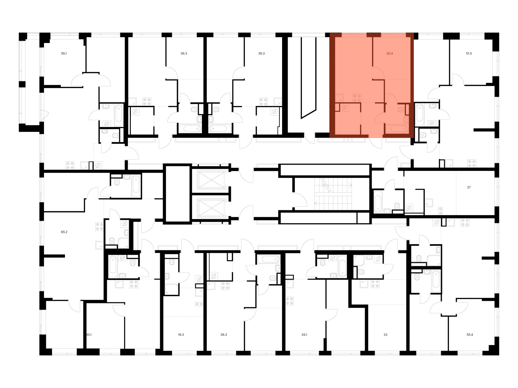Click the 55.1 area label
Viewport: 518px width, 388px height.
[x=64, y=54]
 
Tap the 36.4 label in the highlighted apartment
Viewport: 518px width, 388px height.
[x=389, y=54]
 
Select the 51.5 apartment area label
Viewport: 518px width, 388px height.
[x=469, y=54]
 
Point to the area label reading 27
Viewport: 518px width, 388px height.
[x=469, y=187]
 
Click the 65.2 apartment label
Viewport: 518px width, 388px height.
[x=64, y=232]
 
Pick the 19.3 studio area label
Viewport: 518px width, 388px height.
[x=181, y=335]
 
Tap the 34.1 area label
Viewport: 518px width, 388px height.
[x=304, y=335]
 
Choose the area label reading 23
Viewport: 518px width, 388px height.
[x=385, y=335]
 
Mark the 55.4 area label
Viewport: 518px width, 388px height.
[x=470, y=335]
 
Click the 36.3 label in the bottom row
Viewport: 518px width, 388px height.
[x=224, y=335]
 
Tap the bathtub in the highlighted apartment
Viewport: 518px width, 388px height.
[x=397, y=129]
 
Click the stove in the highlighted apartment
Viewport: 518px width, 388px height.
[x=357, y=98]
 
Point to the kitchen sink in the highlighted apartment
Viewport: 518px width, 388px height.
[x=339, y=98]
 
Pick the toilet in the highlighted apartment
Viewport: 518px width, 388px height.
[x=402, y=110]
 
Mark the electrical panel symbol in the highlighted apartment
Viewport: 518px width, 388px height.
[x=344, y=108]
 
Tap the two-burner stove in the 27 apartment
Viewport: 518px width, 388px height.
[x=440, y=211]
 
